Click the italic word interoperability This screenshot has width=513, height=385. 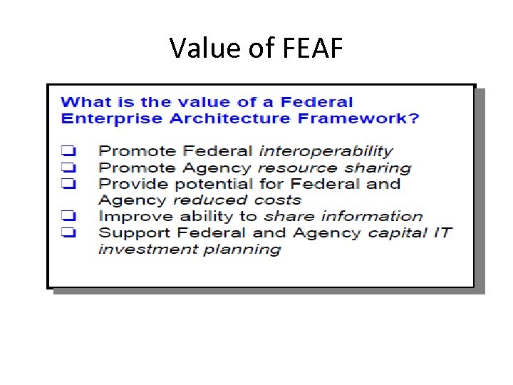[326, 151]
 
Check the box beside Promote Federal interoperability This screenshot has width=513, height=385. [68, 151]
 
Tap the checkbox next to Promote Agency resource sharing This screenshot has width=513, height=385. [68, 168]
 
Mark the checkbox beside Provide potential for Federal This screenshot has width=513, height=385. [68, 184]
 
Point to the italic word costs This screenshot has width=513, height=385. [277, 200]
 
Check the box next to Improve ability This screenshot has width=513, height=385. [68, 216]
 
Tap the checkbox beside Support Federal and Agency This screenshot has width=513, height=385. [68, 232]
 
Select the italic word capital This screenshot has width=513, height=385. [398, 232]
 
